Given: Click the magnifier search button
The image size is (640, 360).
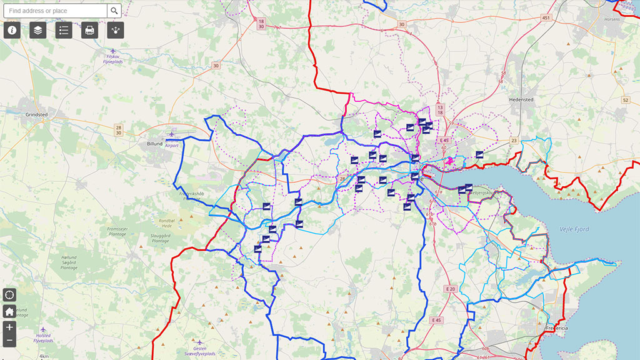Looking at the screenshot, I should point(114,11).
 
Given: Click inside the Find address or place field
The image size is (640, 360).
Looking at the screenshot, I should point(55,11).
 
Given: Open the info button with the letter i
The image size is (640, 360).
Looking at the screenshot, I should point(12,30).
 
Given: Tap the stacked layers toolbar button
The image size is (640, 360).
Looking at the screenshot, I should point(38,30).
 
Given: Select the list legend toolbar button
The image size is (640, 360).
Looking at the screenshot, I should point(64,30).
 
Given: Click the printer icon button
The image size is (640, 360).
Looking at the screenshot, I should point(90,30).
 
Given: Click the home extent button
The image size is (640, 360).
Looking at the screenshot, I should point(9,311).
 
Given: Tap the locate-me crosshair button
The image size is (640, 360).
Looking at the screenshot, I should point(9,295).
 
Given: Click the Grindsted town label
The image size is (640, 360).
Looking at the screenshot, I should point(36,115).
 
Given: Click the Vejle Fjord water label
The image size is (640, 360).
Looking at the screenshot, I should point(573,229).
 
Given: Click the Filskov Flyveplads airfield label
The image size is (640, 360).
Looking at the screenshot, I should point(112,59).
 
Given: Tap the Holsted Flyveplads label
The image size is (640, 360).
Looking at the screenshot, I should point(43,338).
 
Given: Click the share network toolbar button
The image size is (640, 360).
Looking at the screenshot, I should point(116,30).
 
